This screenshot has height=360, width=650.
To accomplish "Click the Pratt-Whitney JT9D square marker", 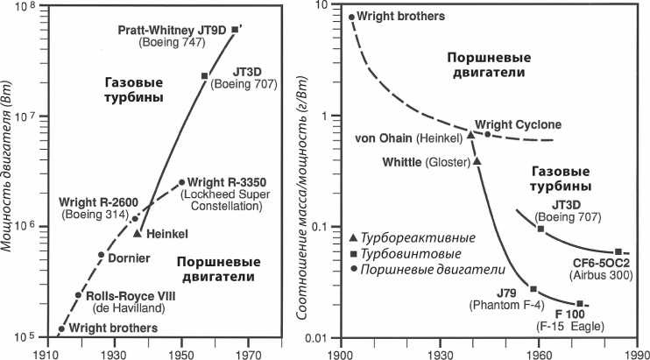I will (234, 30).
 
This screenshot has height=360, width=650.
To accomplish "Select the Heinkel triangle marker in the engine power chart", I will (138, 232).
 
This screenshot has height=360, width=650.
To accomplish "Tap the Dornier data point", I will (101, 255).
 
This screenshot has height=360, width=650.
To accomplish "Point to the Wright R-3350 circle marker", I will (181, 182).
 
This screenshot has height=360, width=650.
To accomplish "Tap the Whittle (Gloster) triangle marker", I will (477, 161).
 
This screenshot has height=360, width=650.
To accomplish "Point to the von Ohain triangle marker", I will (471, 134).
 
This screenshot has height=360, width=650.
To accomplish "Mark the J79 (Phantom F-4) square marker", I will (533, 289).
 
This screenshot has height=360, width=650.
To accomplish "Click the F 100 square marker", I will (580, 304).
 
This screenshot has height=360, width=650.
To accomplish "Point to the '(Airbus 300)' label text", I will (605, 275).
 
